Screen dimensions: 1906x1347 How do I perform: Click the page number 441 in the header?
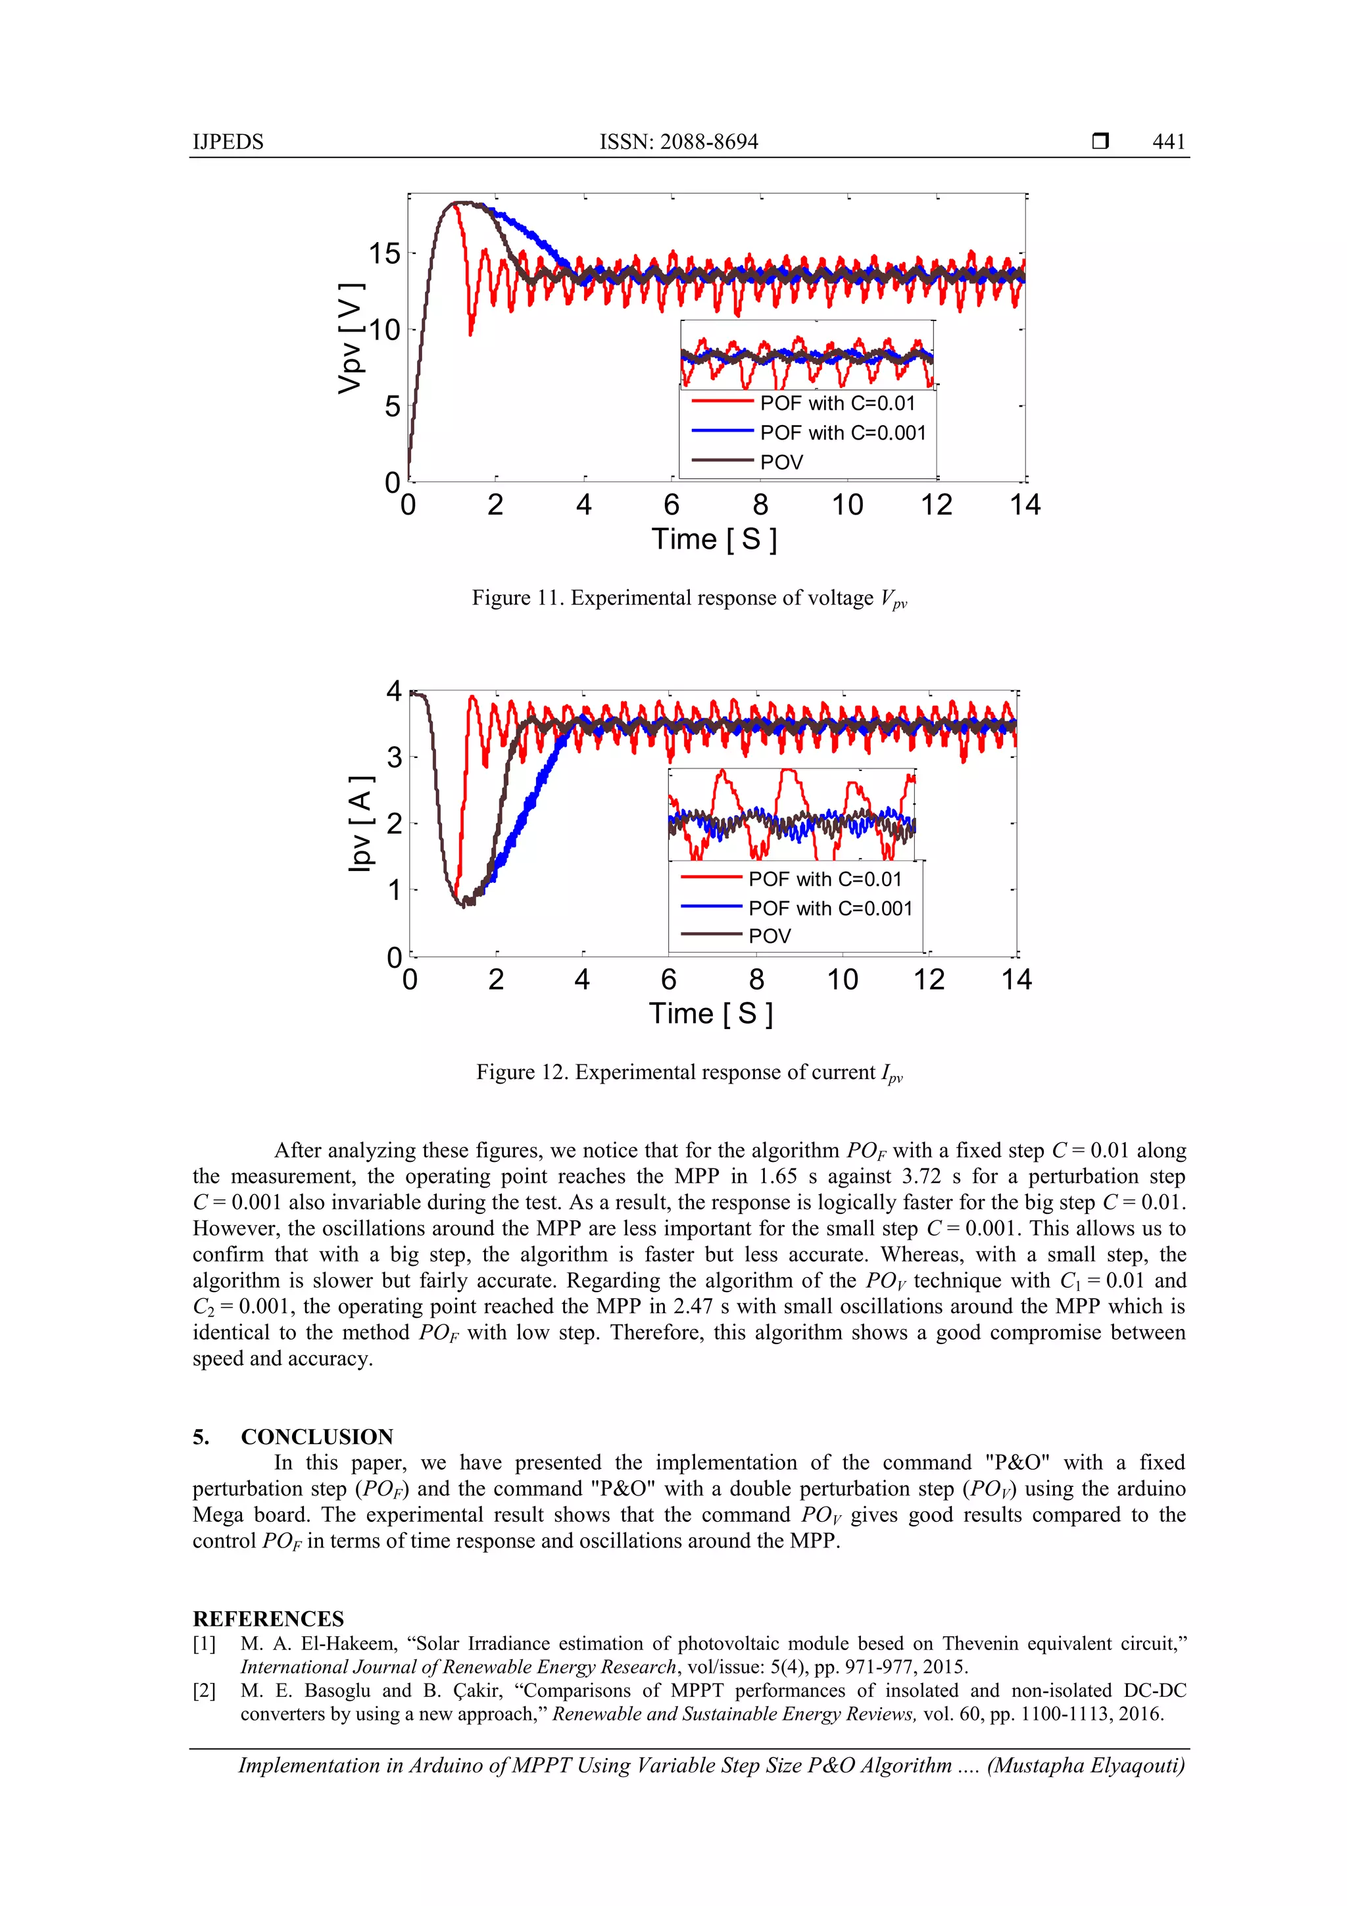(1167, 142)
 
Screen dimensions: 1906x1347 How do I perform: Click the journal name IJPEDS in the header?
(228, 142)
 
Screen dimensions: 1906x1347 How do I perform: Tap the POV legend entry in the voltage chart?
(781, 463)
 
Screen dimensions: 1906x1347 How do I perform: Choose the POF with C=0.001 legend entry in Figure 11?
(842, 432)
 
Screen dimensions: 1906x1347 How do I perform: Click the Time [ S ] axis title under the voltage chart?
(714, 539)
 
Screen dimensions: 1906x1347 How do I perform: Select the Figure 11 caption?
(689, 599)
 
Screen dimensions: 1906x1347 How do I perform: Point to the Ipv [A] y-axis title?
(360, 824)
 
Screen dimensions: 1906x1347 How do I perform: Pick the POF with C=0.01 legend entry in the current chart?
(824, 879)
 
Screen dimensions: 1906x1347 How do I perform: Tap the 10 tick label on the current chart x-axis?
(842, 980)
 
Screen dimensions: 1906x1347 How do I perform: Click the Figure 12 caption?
(689, 1072)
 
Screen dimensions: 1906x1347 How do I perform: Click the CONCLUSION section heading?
(316, 1437)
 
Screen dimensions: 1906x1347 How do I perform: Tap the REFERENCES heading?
(268, 1618)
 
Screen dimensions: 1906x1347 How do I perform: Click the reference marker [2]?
(204, 1691)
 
